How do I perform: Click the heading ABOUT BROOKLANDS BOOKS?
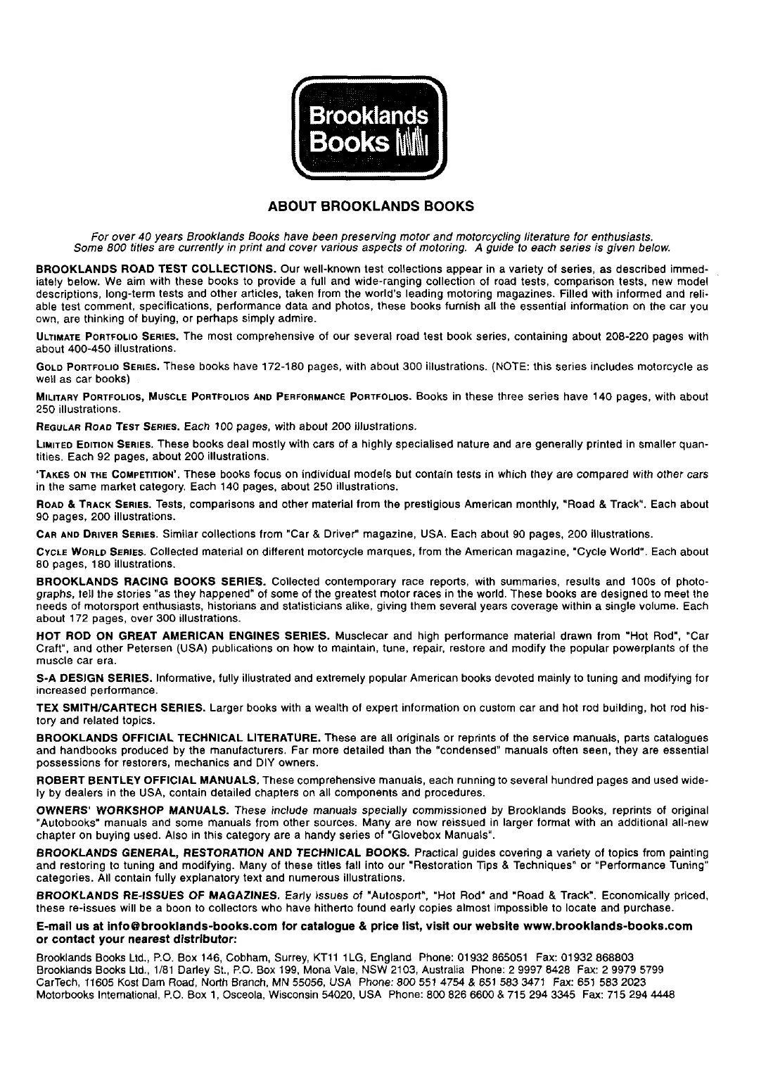tap(371, 207)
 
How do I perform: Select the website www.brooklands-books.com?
tap(607, 926)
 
